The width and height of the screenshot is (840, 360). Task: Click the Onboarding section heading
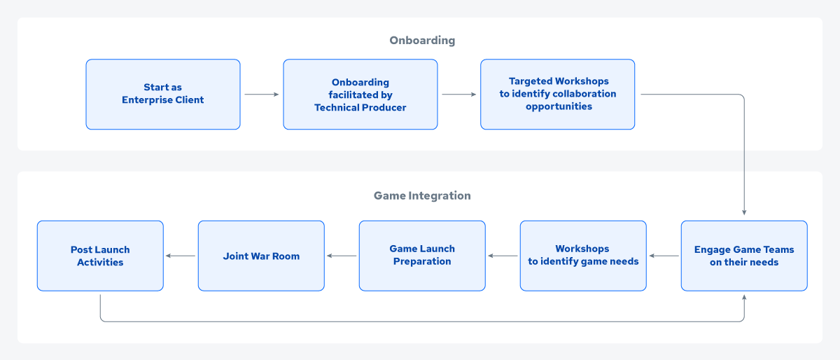click(x=422, y=40)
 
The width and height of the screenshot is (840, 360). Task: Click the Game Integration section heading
click(x=422, y=195)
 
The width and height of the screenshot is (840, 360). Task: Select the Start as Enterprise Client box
click(x=163, y=95)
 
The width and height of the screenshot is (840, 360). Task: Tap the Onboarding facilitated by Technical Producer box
click(x=360, y=95)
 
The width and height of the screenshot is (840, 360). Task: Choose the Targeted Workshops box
click(x=558, y=95)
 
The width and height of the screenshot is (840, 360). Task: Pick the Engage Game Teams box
click(x=744, y=256)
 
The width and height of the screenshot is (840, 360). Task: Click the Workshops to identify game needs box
click(x=583, y=256)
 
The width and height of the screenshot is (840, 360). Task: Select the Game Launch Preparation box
click(x=422, y=256)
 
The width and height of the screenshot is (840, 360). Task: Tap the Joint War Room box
click(x=261, y=256)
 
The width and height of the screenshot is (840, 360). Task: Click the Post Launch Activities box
click(x=100, y=256)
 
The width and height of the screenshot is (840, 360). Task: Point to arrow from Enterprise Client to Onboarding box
click(x=262, y=95)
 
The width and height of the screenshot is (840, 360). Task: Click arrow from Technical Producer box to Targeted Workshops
click(x=459, y=95)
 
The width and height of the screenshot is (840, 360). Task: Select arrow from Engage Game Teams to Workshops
click(x=664, y=256)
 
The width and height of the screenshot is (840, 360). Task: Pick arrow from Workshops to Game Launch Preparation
click(x=503, y=256)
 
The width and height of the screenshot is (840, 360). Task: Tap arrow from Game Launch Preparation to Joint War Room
click(x=342, y=256)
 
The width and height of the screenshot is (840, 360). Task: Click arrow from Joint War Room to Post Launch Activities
click(x=181, y=256)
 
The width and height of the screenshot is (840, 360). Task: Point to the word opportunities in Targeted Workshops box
click(x=559, y=106)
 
